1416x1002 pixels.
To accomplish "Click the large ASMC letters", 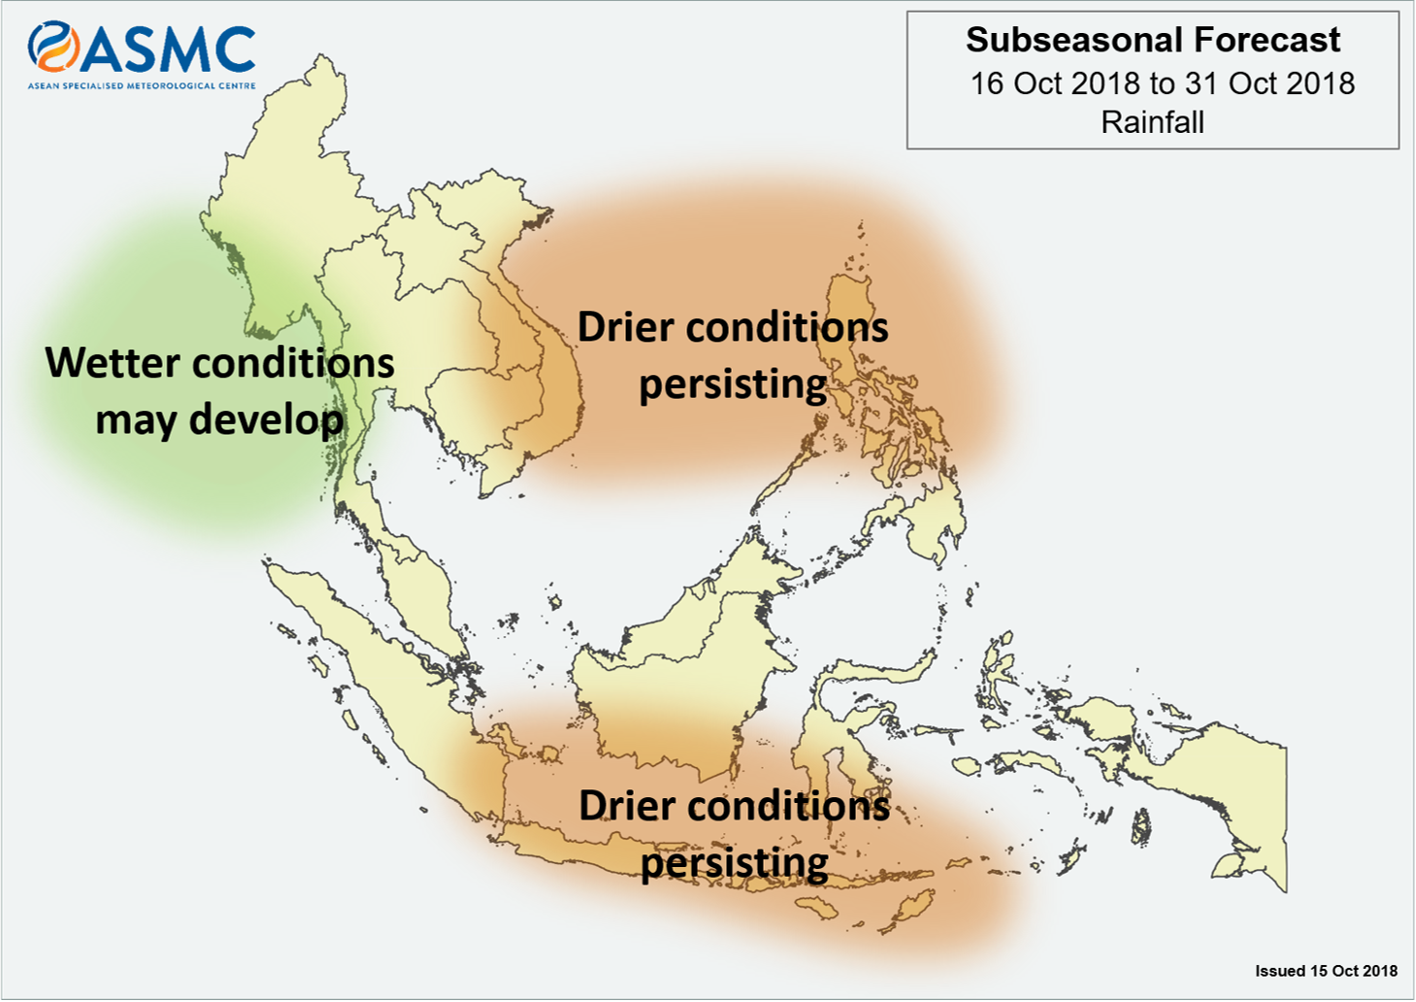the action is tap(168, 50).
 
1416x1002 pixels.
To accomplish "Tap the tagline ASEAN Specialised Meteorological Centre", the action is tap(142, 85).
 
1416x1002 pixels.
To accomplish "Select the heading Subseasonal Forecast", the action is tap(1152, 40).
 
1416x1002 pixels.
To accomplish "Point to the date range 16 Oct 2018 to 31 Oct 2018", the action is tap(1163, 83).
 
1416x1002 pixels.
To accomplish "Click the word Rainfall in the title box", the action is tap(1152, 122).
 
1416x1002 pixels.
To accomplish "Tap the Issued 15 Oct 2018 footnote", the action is tap(1327, 971).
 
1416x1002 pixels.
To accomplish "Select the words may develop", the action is tap(219, 420).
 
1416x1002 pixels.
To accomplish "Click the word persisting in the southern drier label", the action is tap(735, 863).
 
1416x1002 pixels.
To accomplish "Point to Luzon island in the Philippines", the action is tap(850, 329).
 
